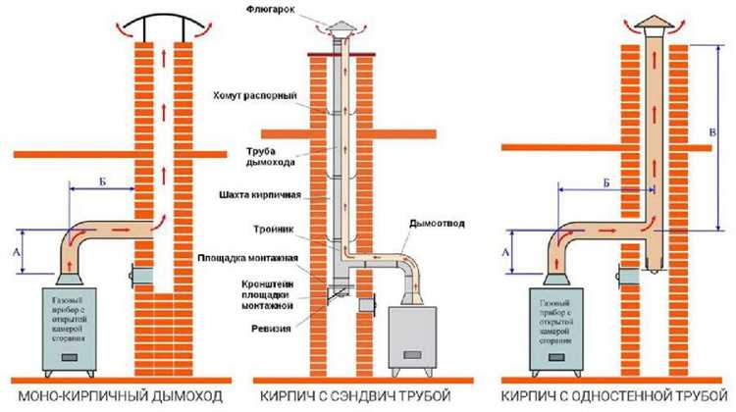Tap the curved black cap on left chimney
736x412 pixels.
[165, 20]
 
